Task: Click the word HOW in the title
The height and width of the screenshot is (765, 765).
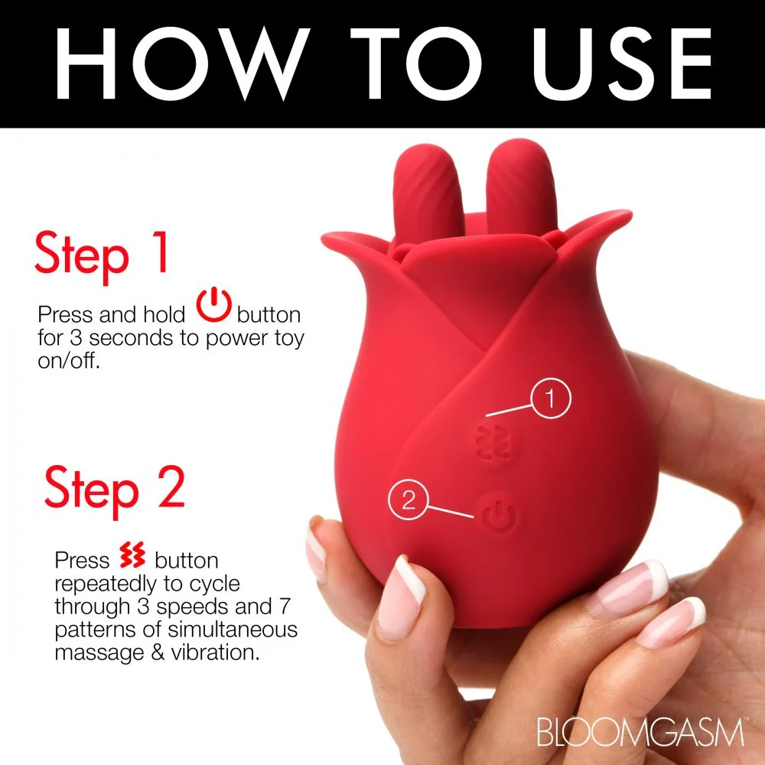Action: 182,63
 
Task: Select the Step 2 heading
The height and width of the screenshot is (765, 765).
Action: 115,491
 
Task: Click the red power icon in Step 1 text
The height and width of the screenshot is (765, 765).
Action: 213,305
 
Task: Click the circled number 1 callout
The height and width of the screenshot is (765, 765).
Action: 551,398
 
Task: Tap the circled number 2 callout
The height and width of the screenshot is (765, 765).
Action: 408,500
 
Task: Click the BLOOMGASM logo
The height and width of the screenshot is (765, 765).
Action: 640,731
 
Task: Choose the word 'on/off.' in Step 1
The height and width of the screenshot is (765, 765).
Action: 69,362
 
